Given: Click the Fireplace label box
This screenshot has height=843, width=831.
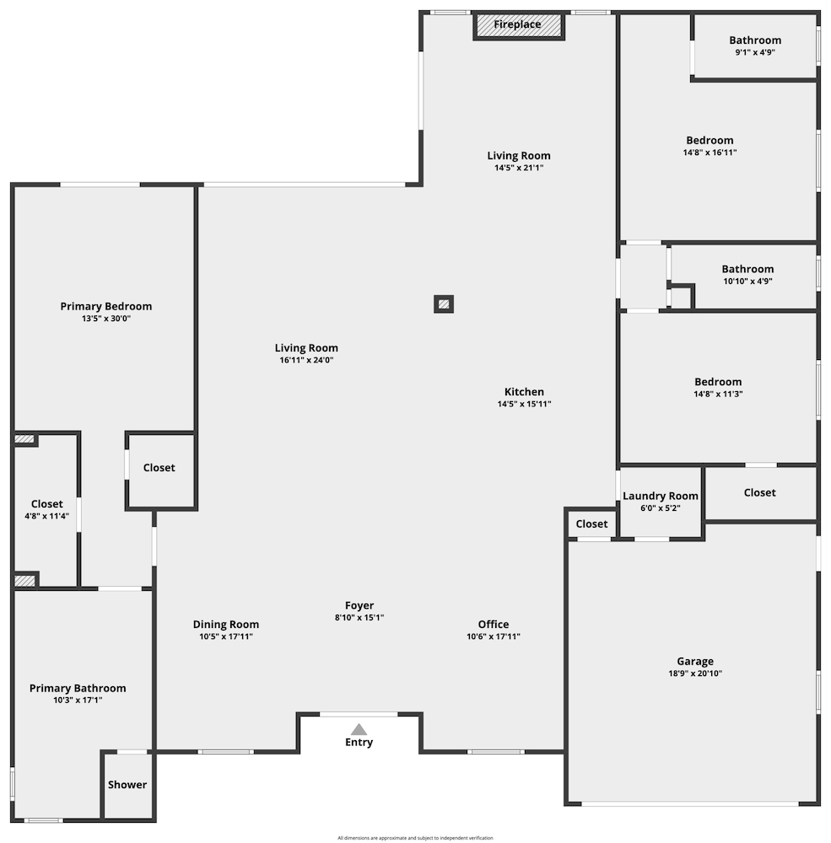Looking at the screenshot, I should point(518,25).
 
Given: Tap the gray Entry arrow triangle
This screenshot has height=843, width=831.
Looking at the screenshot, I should point(359,729).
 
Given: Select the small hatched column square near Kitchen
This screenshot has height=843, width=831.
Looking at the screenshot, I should point(444,303).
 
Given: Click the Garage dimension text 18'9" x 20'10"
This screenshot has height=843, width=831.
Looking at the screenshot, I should point(695,674).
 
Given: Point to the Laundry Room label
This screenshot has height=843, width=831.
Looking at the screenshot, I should point(661,496).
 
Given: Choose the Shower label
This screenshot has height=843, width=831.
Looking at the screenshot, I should point(127,785).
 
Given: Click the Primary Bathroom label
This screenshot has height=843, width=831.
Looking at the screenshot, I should point(78,688).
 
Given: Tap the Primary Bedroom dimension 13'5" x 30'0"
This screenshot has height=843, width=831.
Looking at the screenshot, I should point(106,319).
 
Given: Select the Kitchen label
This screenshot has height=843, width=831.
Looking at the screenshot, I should point(524,392).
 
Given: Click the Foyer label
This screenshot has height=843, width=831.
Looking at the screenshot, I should point(359,605).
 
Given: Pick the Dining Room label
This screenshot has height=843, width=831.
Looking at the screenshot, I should point(226,625).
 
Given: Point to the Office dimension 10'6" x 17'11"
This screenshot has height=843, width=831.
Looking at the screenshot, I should point(494,636).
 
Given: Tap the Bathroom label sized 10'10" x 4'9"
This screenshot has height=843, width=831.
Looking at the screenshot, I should point(747,269).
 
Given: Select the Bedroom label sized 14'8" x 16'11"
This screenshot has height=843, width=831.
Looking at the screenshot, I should point(710,141).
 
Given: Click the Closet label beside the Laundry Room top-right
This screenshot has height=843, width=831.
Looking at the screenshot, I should point(759,492).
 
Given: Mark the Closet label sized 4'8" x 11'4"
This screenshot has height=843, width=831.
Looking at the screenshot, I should point(47,504).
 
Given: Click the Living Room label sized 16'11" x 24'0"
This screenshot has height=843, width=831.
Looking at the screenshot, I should point(306,348).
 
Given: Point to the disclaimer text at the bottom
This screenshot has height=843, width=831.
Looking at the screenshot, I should point(415,838).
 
